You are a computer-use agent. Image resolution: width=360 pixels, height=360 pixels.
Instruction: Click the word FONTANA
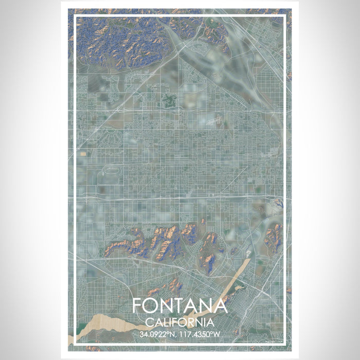(x=179, y=305)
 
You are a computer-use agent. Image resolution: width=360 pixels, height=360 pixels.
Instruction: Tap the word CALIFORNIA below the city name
(x=179, y=323)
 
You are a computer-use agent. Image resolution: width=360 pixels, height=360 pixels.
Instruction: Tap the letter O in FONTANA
(x=152, y=305)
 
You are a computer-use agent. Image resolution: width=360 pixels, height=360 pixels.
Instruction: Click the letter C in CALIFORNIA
(x=149, y=323)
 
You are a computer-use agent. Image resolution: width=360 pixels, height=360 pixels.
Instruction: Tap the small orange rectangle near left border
(x=82, y=153)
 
